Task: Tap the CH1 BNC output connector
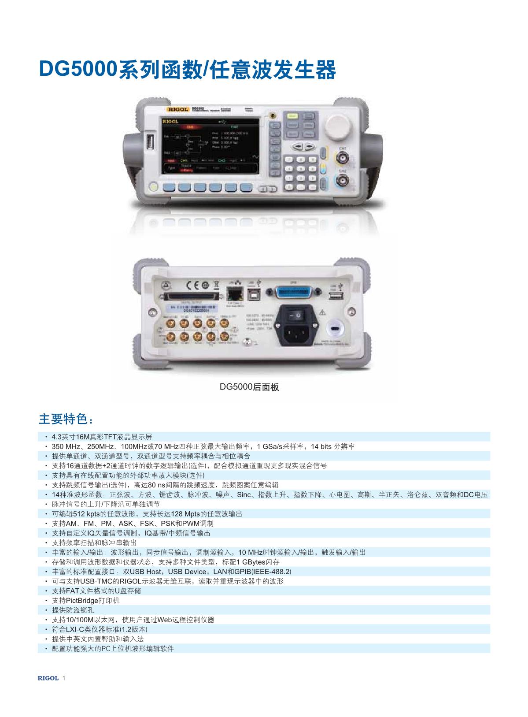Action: [x=342, y=158]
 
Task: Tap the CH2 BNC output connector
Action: [x=342, y=180]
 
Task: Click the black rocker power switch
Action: [x=296, y=315]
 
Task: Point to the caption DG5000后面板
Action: [x=250, y=387]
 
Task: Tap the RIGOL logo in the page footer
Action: [x=48, y=678]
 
